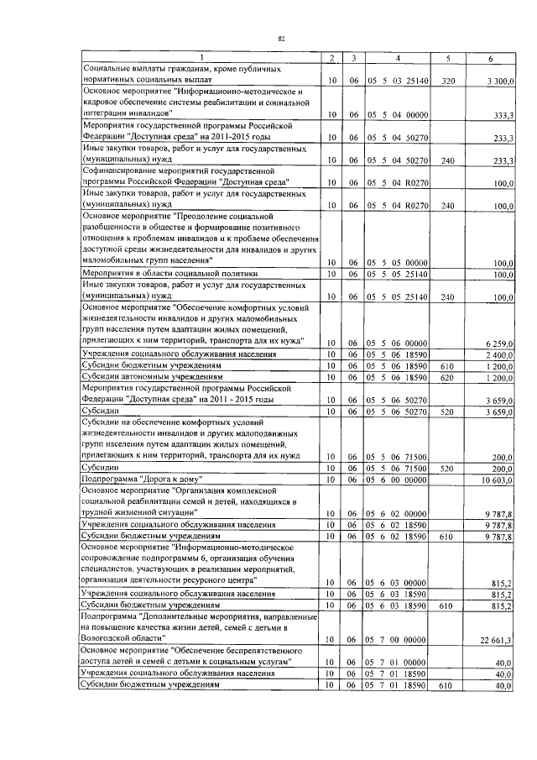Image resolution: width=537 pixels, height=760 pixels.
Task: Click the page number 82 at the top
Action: [282, 39]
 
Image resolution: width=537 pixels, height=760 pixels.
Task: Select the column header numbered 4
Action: [398, 58]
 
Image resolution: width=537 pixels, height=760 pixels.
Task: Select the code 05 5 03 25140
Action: [398, 81]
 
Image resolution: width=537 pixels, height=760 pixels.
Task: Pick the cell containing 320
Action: [447, 81]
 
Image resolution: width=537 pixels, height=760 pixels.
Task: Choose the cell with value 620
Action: [447, 378]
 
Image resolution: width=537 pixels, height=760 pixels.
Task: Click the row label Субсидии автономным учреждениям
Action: [144, 378]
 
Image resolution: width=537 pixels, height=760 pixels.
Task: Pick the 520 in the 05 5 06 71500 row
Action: [447, 466]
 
